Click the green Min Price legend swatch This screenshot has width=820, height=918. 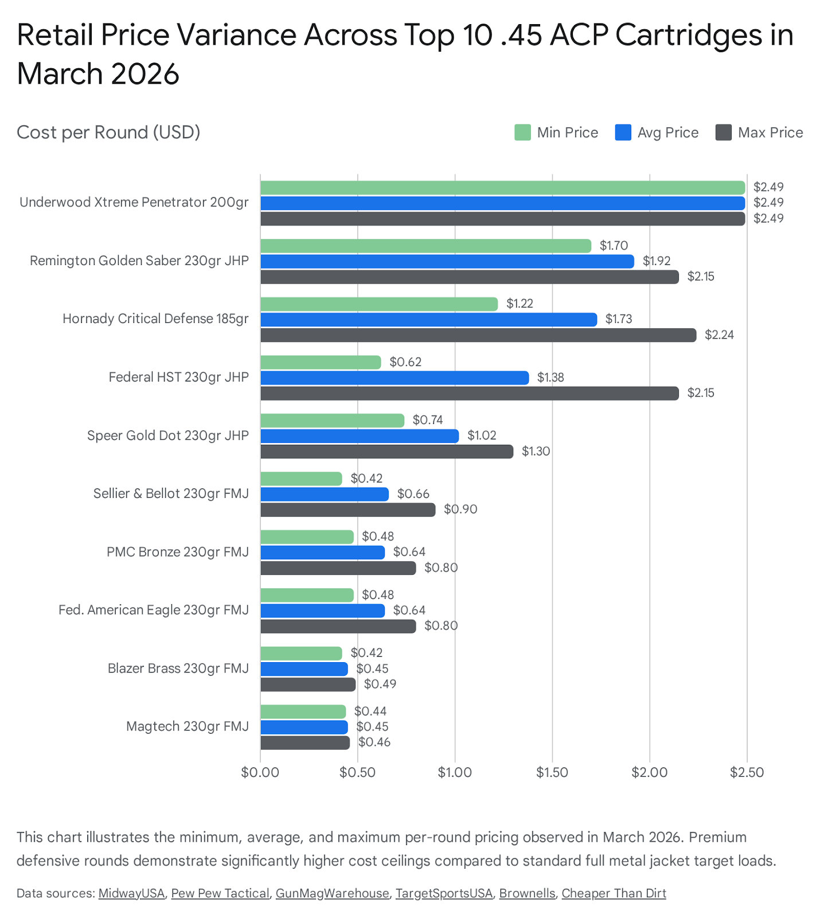[x=522, y=133]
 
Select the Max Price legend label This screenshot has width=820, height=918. [x=770, y=133]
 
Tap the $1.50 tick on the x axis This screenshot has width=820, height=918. [x=552, y=772]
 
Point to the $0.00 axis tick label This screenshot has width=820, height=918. [x=260, y=772]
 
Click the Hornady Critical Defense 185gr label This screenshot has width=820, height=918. [x=155, y=319]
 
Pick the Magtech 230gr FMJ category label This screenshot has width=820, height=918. [x=188, y=726]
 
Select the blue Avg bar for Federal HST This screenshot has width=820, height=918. [x=395, y=378]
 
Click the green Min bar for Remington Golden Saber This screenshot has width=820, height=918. [x=425, y=246]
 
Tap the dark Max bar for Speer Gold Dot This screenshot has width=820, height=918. [x=386, y=452]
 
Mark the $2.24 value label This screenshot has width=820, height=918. [x=719, y=335]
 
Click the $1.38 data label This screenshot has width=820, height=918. [x=550, y=378]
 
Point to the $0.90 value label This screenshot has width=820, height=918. [x=460, y=509]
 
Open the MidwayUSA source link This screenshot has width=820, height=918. [x=131, y=893]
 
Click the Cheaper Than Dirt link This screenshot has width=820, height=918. [x=614, y=893]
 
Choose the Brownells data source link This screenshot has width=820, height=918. [x=527, y=893]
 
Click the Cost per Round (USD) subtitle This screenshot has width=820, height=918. [x=108, y=133]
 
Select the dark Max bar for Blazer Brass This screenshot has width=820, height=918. [x=308, y=684]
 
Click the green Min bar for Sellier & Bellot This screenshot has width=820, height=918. [x=301, y=479]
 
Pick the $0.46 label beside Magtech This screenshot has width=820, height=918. [x=374, y=742]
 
